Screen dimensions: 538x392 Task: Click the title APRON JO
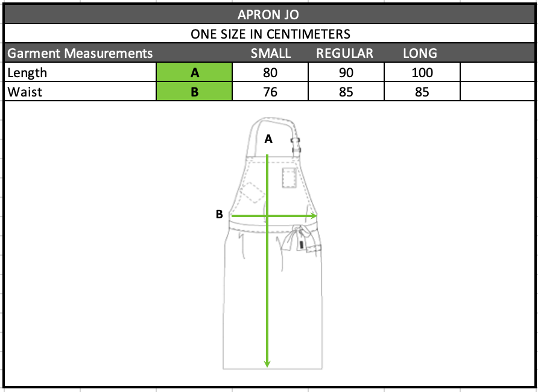click(268, 14)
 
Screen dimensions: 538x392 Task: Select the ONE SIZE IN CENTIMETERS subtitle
click(270, 34)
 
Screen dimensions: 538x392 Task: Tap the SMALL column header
click(270, 53)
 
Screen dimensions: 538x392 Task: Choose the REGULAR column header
click(344, 53)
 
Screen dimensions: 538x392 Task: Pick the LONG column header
click(420, 53)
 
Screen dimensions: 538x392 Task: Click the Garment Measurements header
click(80, 53)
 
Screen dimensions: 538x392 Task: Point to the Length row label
click(27, 73)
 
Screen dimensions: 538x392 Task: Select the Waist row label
click(25, 92)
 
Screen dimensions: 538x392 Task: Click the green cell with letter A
click(194, 72)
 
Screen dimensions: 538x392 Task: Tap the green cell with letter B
click(194, 91)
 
